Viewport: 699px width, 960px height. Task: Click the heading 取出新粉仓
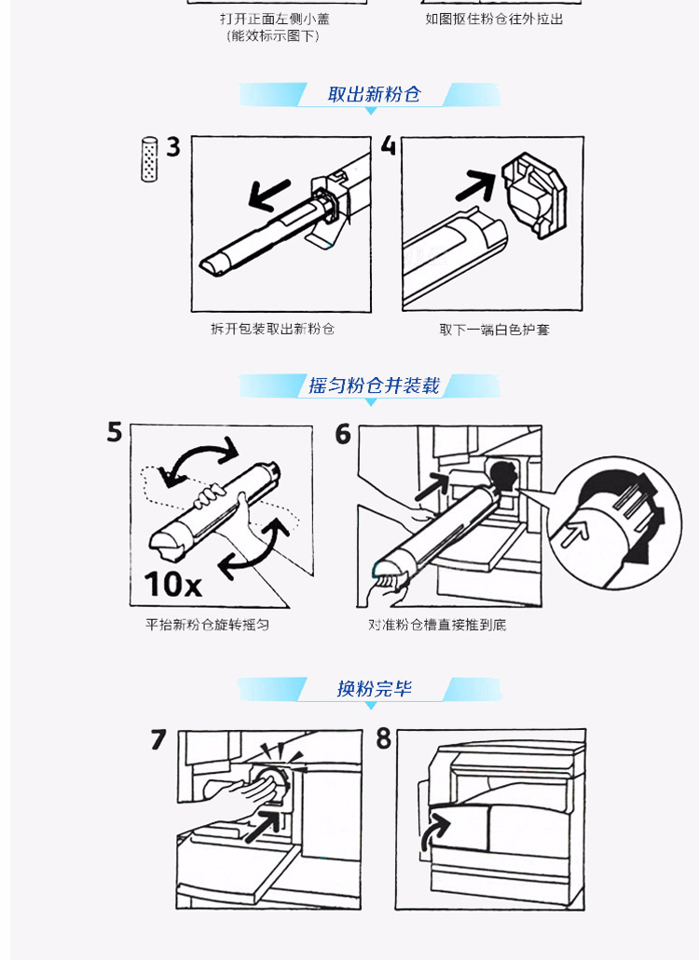click(x=375, y=94)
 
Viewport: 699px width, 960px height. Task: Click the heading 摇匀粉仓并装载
click(x=375, y=385)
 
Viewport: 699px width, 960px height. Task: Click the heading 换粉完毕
click(x=375, y=689)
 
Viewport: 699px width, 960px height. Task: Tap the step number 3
click(x=173, y=147)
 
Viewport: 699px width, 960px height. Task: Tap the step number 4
click(x=389, y=145)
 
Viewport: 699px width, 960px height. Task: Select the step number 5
click(x=115, y=432)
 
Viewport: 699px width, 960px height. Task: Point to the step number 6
click(x=343, y=434)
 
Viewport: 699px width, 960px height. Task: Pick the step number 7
click(x=158, y=739)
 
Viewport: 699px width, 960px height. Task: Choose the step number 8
click(x=383, y=738)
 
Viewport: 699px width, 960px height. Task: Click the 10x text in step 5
click(x=172, y=584)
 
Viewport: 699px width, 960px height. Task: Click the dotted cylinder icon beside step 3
click(x=149, y=158)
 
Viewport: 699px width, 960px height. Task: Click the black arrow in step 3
click(x=269, y=194)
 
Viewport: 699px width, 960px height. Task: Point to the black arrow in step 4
click(x=476, y=185)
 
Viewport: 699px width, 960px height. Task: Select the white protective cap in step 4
click(x=534, y=195)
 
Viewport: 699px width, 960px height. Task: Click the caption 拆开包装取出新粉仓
click(x=273, y=329)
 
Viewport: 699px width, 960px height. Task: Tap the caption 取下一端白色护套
click(x=494, y=330)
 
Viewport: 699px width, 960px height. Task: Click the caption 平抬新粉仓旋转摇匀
click(x=207, y=625)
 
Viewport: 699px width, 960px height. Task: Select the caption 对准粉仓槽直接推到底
click(x=437, y=625)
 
